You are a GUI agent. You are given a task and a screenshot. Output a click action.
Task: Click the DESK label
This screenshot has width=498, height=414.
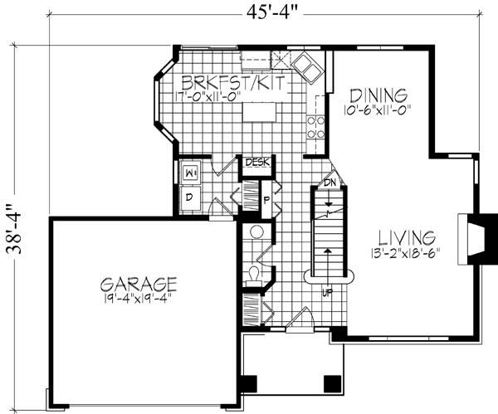tap(253, 163)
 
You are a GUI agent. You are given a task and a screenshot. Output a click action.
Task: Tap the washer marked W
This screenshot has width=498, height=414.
tap(189, 173)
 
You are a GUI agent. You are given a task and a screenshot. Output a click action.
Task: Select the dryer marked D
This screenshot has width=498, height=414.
tap(188, 197)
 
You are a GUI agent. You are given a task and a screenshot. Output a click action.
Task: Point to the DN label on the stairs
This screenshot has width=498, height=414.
tap(329, 182)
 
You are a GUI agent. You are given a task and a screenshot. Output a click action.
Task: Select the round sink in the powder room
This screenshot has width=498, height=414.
tap(255, 231)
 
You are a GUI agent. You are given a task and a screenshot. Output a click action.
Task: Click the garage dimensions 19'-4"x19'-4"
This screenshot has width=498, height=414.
tap(139, 296)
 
